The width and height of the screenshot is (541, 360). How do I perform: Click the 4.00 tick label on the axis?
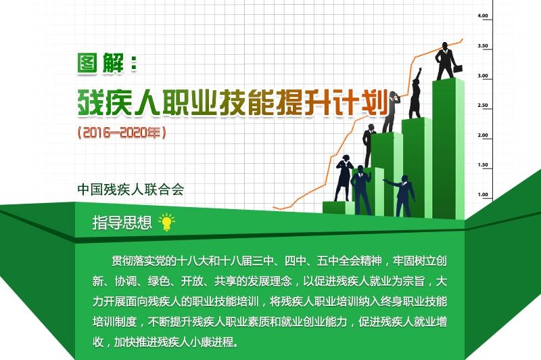click(x=483, y=16)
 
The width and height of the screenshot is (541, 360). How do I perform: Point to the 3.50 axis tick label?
click(x=483, y=45)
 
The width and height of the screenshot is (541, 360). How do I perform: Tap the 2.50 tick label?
click(x=483, y=106)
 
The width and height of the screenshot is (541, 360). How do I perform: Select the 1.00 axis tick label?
click(x=483, y=194)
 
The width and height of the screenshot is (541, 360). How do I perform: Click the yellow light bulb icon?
click(x=166, y=222)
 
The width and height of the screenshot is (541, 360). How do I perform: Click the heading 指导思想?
click(x=122, y=222)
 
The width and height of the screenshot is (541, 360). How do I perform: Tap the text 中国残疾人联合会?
click(x=131, y=189)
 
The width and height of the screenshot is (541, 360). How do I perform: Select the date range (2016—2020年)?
click(x=122, y=132)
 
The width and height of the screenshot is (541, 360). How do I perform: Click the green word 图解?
click(x=100, y=63)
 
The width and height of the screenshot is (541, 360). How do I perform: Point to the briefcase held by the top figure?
click(x=458, y=68)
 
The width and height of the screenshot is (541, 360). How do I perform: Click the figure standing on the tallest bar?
click(x=446, y=61)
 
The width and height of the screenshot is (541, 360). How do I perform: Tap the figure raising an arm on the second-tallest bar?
click(x=415, y=93)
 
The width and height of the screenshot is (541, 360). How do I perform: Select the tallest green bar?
click(x=448, y=148)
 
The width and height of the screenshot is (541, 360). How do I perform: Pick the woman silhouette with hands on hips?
click(x=344, y=178)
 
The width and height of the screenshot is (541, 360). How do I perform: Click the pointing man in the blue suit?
click(x=402, y=196)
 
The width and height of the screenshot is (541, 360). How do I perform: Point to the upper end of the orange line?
click(x=462, y=40)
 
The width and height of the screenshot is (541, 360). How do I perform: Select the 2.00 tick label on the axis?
click(x=483, y=135)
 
